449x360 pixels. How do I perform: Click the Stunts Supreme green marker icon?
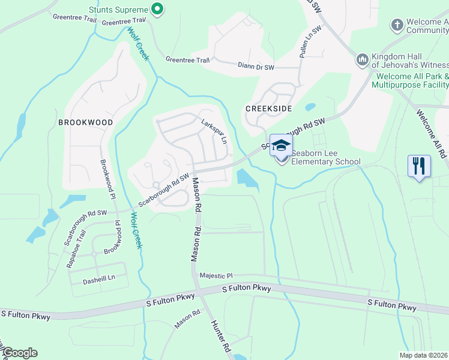tap(157, 9)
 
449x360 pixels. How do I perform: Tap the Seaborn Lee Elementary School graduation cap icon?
tap(281, 145)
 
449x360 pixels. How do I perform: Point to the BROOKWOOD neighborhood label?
tap(85, 122)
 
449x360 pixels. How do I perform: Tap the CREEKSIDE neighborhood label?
tap(268, 108)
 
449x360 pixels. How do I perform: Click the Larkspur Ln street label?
tap(215, 130)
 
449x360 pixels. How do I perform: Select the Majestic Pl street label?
tap(216, 275)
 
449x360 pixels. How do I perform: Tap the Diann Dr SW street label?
tap(256, 66)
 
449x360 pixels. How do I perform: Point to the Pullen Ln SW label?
tap(306, 43)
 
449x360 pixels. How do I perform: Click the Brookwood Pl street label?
tap(107, 179)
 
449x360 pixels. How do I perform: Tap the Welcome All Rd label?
tap(431, 133)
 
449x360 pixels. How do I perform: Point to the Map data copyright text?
tap(423, 355)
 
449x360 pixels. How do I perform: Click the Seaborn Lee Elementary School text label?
tap(326, 161)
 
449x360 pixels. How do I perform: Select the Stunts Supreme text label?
tap(118, 10)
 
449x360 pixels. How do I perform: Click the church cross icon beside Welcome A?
tap(396, 25)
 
